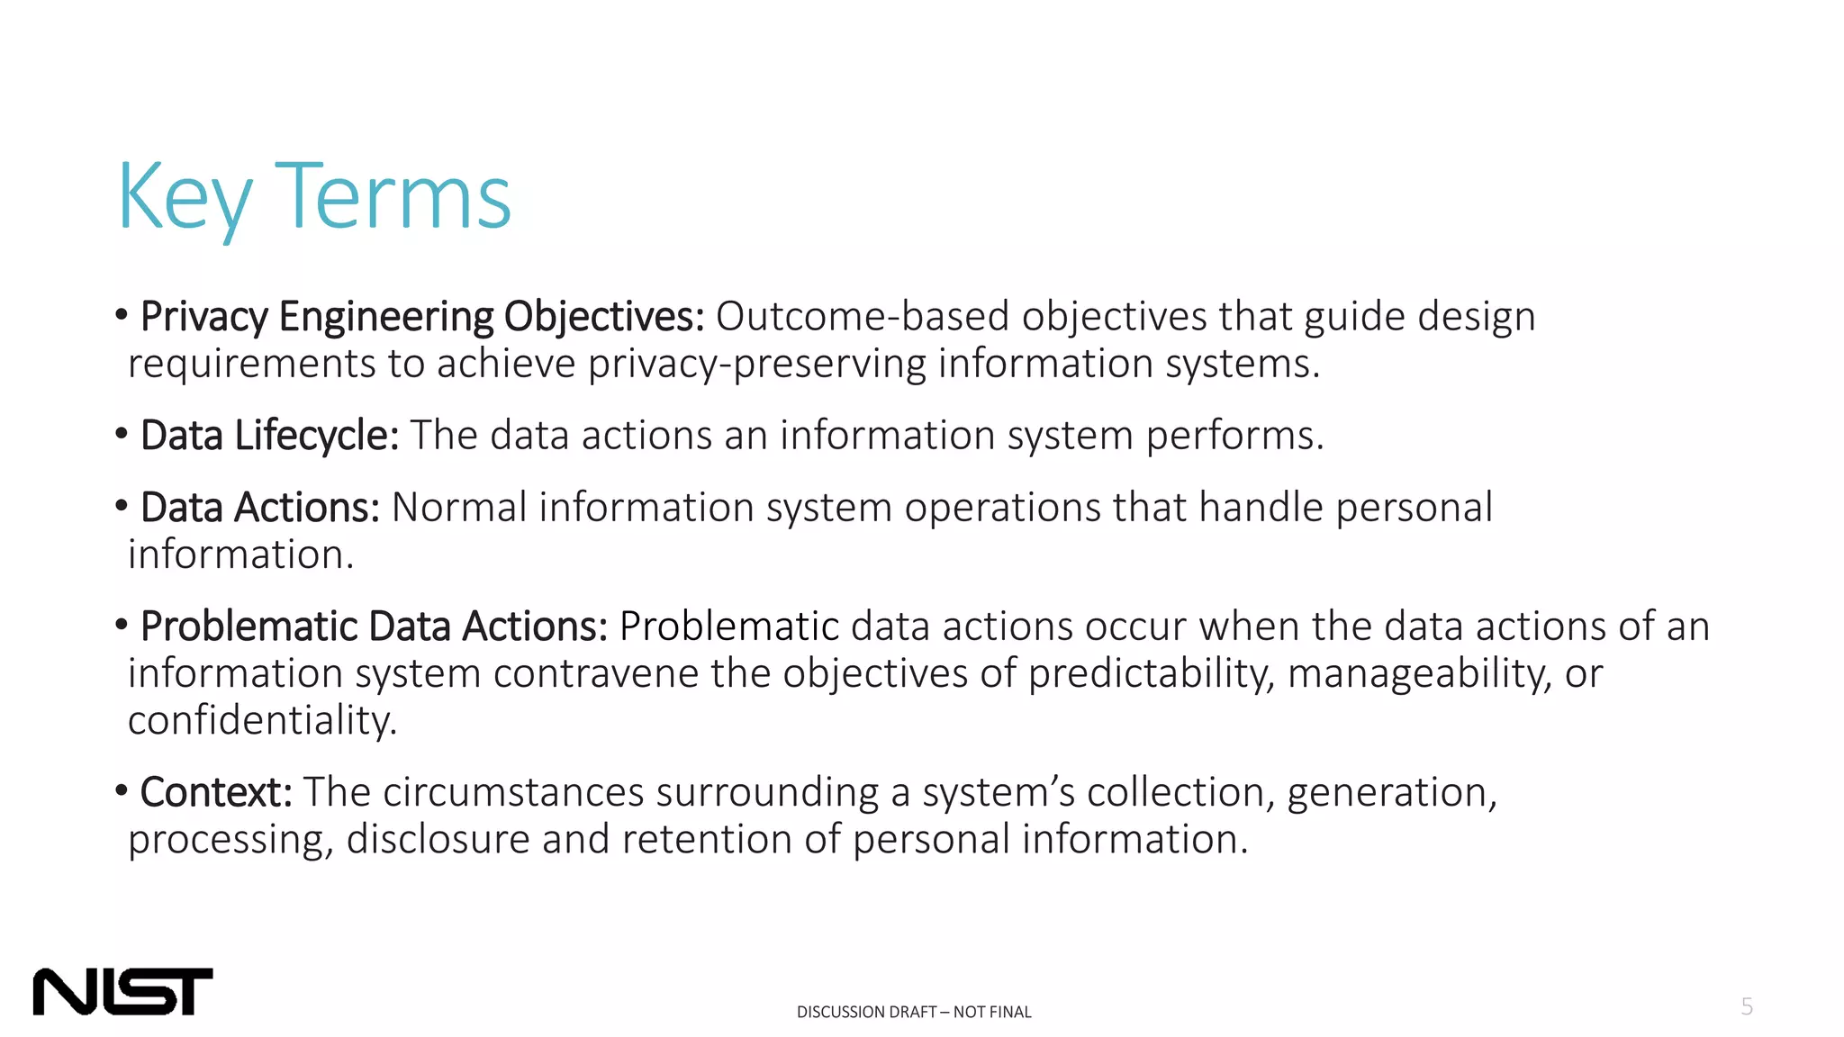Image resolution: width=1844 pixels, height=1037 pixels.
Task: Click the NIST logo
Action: tap(122, 991)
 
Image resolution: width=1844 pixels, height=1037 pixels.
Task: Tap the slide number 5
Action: tap(1747, 1006)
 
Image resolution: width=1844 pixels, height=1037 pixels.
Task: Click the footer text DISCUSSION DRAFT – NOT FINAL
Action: tap(914, 1012)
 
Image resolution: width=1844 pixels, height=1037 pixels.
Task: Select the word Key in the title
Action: tap(185, 198)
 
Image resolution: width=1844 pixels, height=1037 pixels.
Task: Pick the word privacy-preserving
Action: tap(756, 364)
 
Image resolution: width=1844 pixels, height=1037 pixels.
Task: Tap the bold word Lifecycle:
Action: tap(316, 436)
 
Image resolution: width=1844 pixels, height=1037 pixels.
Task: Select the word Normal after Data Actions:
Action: tap(459, 508)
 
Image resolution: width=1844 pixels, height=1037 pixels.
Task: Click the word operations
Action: tap(1002, 508)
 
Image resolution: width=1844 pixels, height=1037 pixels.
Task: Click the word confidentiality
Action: tap(262, 720)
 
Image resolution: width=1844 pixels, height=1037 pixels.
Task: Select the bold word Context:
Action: tap(216, 792)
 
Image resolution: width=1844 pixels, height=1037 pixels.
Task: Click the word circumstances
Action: tap(513, 792)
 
